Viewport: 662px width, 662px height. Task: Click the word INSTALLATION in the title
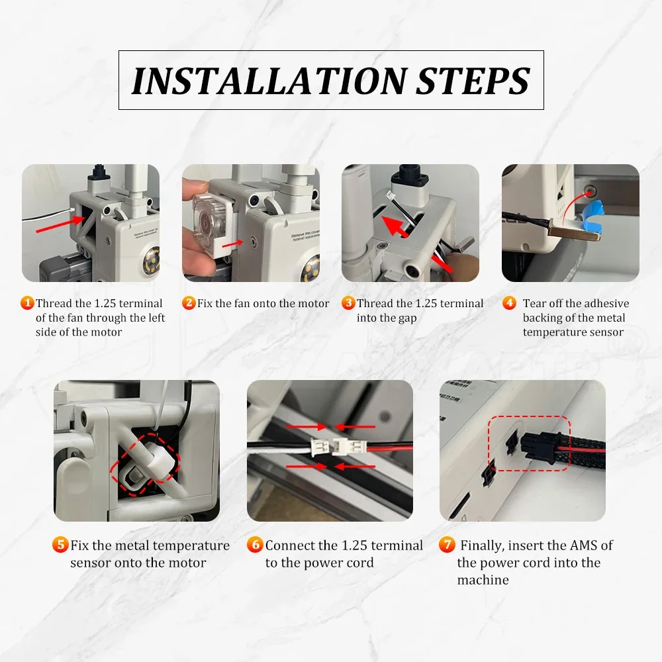(269, 81)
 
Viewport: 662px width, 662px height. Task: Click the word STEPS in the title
(473, 81)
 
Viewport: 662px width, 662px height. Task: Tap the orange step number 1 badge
(27, 303)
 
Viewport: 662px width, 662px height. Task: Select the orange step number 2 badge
(189, 303)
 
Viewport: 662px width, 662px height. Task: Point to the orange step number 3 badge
(348, 303)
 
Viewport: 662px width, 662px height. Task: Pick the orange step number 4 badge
(509, 303)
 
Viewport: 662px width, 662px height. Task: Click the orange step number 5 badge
(60, 544)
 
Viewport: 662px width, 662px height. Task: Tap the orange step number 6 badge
(255, 544)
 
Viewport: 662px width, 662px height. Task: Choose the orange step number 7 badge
(447, 544)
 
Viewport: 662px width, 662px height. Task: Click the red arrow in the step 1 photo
(61, 224)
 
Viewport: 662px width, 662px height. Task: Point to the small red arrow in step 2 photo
(232, 244)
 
